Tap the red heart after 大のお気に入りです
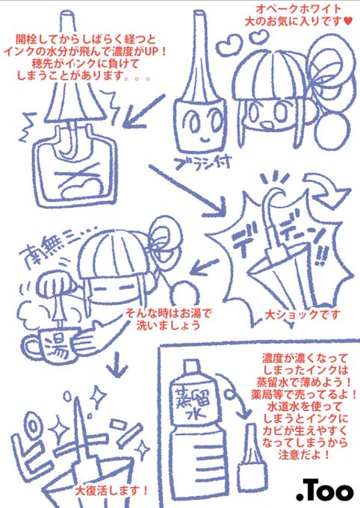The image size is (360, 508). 347,22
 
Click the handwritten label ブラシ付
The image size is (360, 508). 202,162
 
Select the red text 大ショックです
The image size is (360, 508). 303,315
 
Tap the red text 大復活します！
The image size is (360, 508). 112,490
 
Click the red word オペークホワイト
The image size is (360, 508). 299,9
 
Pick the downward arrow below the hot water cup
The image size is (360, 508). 117,364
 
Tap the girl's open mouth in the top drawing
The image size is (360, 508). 267,126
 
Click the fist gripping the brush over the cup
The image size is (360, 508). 56,284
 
